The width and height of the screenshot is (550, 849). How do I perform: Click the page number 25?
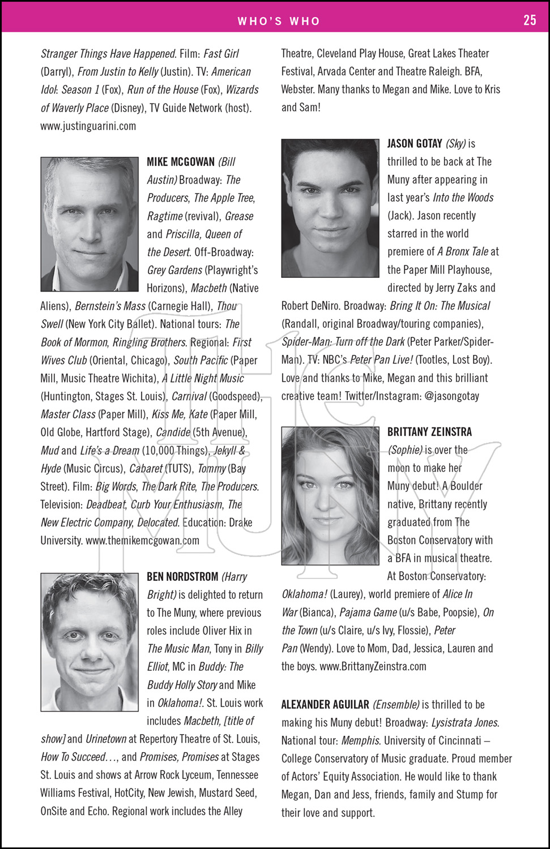pyautogui.click(x=529, y=20)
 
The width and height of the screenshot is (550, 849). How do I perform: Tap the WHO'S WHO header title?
pyautogui.click(x=279, y=22)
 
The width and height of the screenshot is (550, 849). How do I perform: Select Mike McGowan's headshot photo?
pyautogui.click(x=89, y=224)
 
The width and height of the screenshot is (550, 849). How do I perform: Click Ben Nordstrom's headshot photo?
pyautogui.click(x=89, y=642)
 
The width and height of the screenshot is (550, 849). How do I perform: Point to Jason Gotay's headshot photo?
pyautogui.click(x=330, y=208)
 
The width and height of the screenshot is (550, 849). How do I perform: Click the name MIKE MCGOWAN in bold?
pyautogui.click(x=181, y=162)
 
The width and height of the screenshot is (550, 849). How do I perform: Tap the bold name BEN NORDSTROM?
pyautogui.click(x=182, y=577)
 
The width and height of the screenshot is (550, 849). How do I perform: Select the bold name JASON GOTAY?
pyautogui.click(x=415, y=144)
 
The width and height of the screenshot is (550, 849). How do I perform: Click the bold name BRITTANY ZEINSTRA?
pyautogui.click(x=429, y=432)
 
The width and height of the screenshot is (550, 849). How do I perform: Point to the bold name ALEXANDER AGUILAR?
pyautogui.click(x=325, y=705)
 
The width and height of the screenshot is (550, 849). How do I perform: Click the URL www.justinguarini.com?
pyautogui.click(x=88, y=126)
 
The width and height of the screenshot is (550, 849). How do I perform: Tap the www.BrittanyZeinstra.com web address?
pyautogui.click(x=373, y=666)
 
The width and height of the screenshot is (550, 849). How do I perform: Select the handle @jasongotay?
pyautogui.click(x=452, y=396)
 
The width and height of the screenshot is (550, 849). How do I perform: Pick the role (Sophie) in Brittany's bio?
pyautogui.click(x=405, y=450)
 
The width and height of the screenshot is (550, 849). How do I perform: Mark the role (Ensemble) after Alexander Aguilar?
pyautogui.click(x=396, y=705)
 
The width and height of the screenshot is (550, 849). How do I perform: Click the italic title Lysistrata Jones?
pyautogui.click(x=465, y=723)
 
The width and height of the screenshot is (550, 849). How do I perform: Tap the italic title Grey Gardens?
pyautogui.click(x=174, y=270)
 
